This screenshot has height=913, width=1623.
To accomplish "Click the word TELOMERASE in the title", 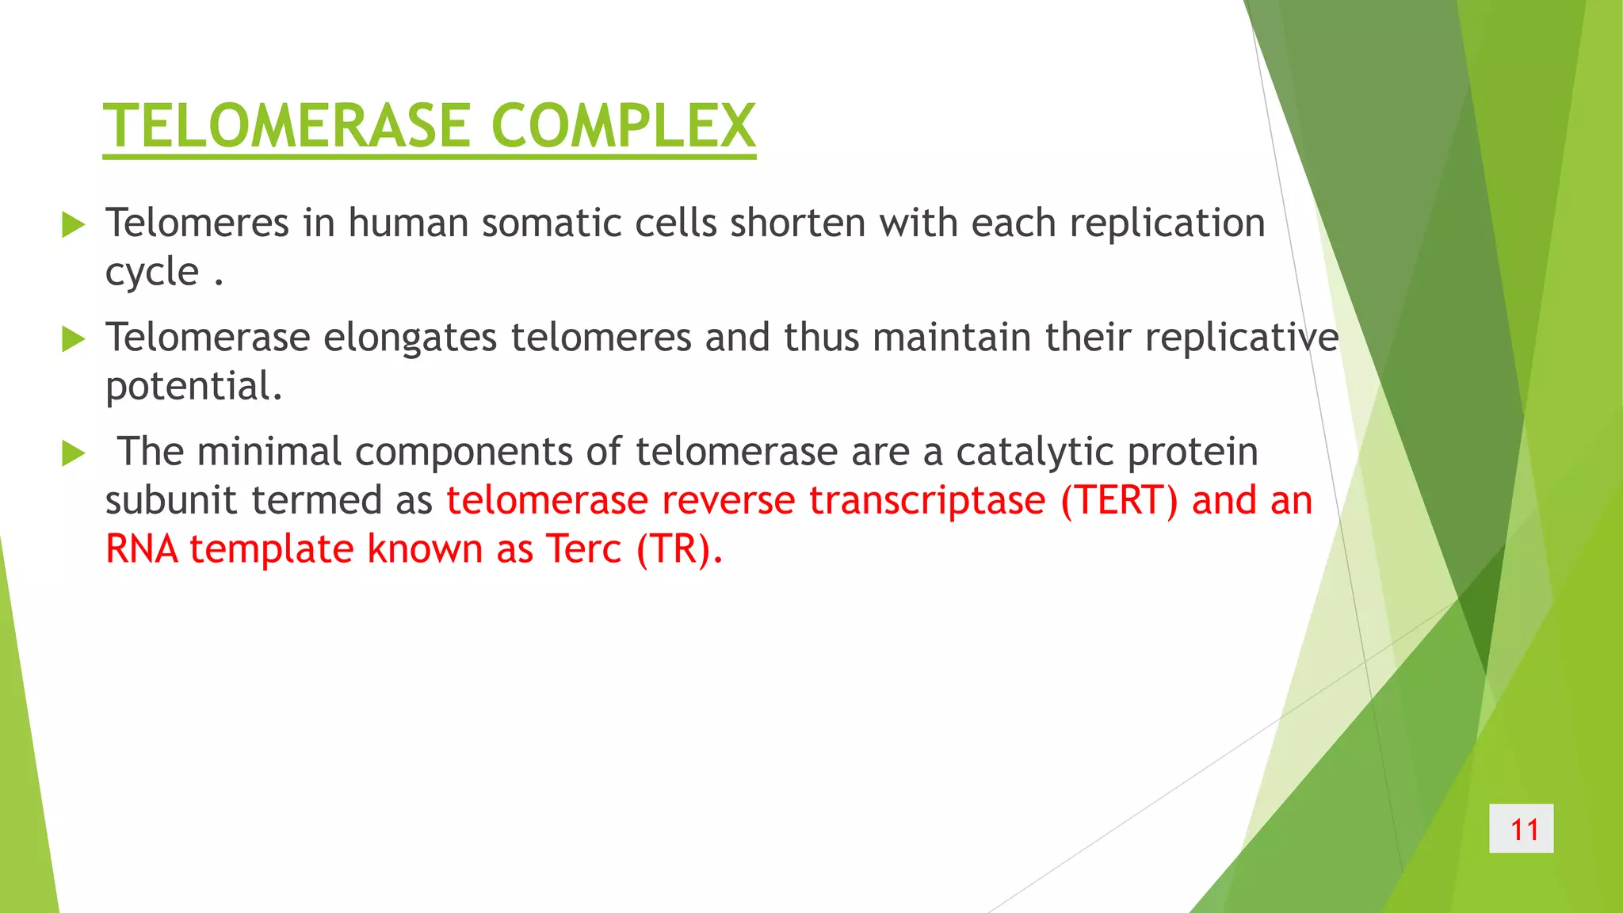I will click(x=289, y=126).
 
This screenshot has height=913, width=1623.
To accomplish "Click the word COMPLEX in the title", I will click(x=623, y=126).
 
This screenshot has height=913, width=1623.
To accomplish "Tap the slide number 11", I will click(x=1521, y=829).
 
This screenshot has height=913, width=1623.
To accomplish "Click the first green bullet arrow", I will click(x=73, y=225).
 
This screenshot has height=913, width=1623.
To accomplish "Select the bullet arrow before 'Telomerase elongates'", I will click(x=73, y=340).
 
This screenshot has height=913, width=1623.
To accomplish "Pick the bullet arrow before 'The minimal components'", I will click(x=73, y=454).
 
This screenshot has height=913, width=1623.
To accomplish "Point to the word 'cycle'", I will click(x=152, y=273).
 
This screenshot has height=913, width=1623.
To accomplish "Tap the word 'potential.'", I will click(x=193, y=387).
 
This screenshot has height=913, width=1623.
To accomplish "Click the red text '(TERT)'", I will click(x=1119, y=501).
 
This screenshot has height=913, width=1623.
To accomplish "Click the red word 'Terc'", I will click(x=583, y=549).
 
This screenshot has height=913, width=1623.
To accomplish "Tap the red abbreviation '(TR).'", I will click(x=679, y=549).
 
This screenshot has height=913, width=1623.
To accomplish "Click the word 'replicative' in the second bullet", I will click(x=1241, y=338).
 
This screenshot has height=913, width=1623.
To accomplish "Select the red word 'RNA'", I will click(x=142, y=549).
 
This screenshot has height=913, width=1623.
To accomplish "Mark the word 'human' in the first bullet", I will click(x=408, y=223).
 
